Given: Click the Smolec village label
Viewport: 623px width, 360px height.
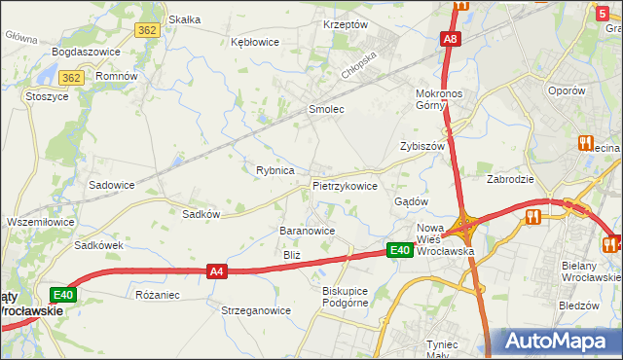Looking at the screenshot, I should tap(326, 110).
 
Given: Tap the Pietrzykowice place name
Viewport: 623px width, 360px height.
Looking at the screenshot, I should tap(345, 185).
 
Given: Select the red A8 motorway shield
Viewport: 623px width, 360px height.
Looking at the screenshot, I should tap(449, 40).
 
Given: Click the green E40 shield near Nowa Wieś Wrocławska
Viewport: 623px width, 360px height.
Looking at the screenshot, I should tap(399, 251).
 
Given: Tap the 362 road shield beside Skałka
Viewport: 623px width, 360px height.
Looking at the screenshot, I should tap(148, 30).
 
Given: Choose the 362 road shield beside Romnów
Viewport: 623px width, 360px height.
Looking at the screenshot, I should tap(70, 77).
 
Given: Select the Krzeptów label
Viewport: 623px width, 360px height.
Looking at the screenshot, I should tap(346, 24).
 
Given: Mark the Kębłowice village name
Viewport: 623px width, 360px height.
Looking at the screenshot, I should tap(255, 42).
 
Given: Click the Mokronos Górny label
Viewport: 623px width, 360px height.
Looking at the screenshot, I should tap(444, 99).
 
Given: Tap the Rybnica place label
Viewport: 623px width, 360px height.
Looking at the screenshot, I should tap(275, 170).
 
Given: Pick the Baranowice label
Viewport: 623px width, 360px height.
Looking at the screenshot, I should tap(308, 232).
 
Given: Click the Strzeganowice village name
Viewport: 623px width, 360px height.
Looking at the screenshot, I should tap(256, 310).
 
